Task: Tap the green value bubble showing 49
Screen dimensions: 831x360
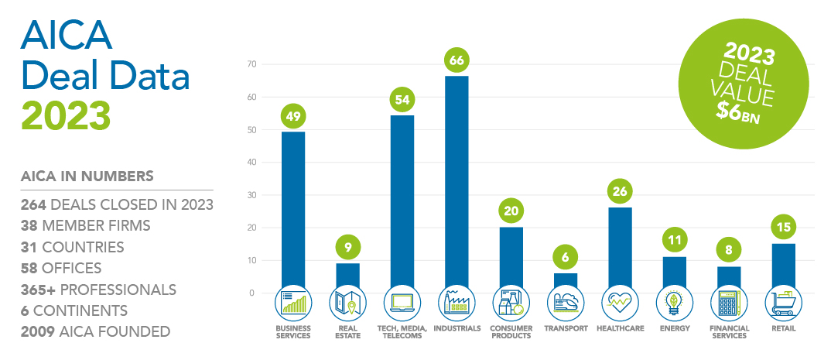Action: (x=293, y=116)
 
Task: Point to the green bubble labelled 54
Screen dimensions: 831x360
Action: (x=402, y=100)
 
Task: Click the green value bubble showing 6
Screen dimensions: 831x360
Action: (x=566, y=257)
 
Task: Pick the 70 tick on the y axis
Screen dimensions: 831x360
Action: (x=251, y=64)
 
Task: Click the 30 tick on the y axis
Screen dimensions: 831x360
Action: (x=251, y=195)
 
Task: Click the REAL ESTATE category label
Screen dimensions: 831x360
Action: (x=347, y=332)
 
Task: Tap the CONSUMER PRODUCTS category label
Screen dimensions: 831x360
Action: (x=511, y=332)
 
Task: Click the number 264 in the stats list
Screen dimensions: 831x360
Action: (x=30, y=204)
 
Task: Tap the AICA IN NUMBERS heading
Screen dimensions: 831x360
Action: (x=87, y=176)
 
